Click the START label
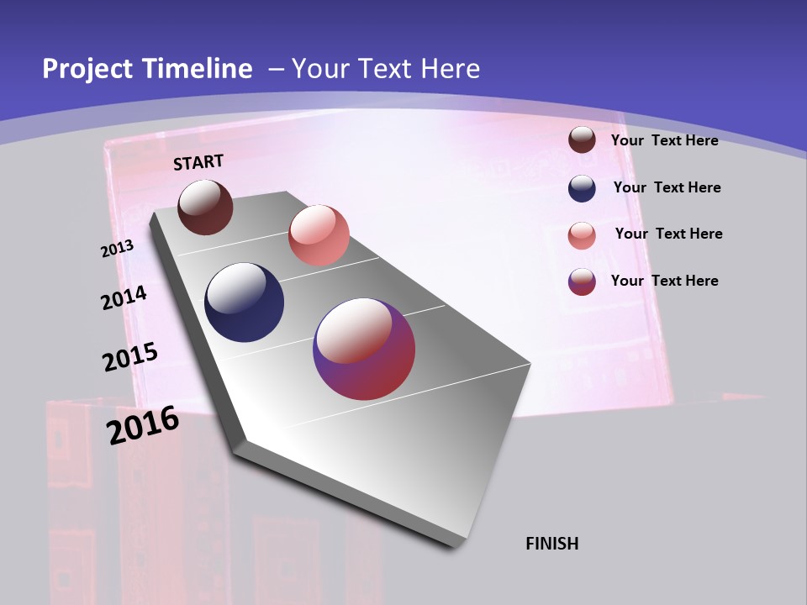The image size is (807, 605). coord(198,162)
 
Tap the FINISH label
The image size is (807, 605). coord(552,544)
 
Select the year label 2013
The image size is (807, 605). coord(118,249)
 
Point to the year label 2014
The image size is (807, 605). coord(124,297)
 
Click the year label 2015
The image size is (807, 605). coord(130,357)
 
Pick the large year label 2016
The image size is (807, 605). coord(143,424)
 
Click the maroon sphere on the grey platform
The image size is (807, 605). coord(205,207)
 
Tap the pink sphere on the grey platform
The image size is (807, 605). coord(319,235)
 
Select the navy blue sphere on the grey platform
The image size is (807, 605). coord(245,302)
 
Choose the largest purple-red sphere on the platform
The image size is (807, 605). coord(364,349)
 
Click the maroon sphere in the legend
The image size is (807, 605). coord(582,139)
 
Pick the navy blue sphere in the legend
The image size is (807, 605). coord(582,188)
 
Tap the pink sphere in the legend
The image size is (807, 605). coord(582,235)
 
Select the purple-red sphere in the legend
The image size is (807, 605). coord(582,281)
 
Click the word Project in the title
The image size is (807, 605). coord(87,69)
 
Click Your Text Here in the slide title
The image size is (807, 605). coord(386,69)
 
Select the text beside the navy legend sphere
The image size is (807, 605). coord(667,187)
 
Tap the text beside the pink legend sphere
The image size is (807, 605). coord(668,234)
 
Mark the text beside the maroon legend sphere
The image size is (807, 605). coord(664,140)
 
